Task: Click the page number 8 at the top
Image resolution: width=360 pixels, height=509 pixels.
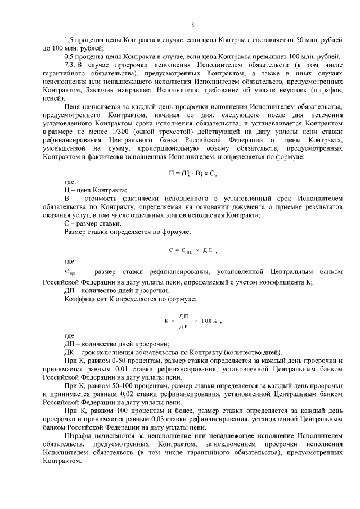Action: point(193,25)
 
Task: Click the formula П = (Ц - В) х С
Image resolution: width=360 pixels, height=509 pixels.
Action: point(193,173)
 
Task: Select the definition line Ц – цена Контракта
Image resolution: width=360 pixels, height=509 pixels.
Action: point(96,191)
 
